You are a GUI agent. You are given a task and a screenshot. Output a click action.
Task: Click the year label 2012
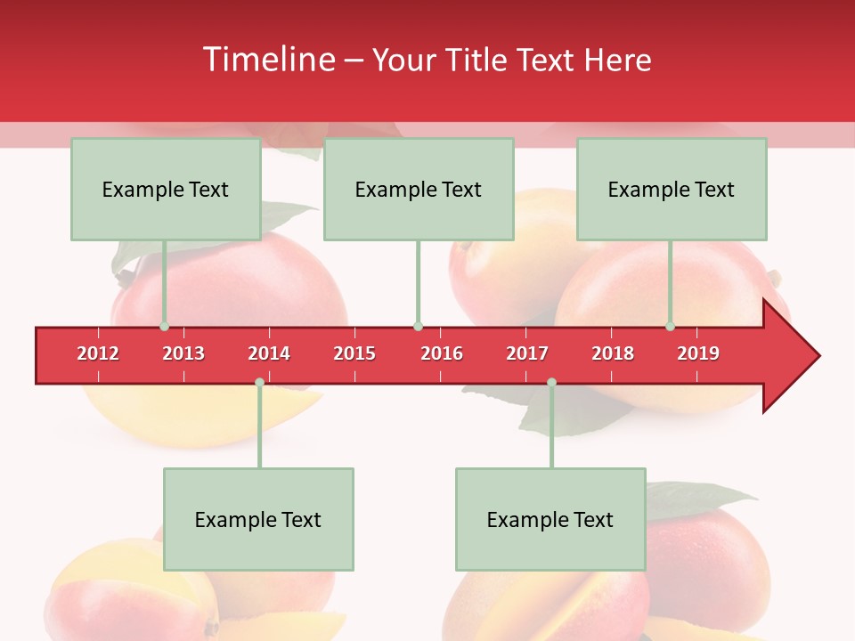tap(98, 353)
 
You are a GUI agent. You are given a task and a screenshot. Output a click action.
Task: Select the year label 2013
tap(183, 353)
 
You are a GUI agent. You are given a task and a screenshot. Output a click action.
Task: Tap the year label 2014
tap(269, 353)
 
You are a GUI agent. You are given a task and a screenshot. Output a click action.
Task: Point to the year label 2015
tap(354, 353)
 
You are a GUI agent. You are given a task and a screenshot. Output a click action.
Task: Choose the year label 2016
tap(442, 353)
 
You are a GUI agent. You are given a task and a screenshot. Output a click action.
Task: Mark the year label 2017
tap(527, 353)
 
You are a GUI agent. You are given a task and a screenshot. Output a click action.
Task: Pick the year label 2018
tap(613, 353)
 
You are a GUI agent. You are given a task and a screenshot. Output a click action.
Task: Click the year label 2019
tap(698, 353)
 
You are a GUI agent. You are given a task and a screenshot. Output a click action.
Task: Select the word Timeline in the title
tap(269, 60)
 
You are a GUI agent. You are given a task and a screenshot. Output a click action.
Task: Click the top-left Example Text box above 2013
tap(166, 190)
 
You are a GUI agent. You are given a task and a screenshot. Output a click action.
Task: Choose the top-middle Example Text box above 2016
tap(419, 190)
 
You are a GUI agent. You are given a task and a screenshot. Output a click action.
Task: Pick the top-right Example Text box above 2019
tap(672, 190)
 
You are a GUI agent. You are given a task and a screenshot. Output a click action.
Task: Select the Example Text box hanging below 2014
tap(258, 520)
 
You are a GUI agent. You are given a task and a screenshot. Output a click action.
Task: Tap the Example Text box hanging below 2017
tap(550, 520)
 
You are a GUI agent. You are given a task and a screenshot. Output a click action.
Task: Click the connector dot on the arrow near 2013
tap(165, 327)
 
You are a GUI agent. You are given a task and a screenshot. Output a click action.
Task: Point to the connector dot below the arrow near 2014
tap(259, 383)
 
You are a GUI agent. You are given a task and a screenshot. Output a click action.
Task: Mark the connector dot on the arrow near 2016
tap(418, 327)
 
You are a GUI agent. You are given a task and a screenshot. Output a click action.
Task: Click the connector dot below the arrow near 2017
tap(551, 383)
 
